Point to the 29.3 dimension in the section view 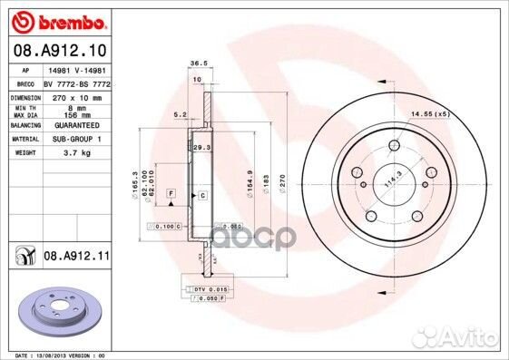point(201,146)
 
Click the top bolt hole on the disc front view point(394,147)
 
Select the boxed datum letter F point(170,194)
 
